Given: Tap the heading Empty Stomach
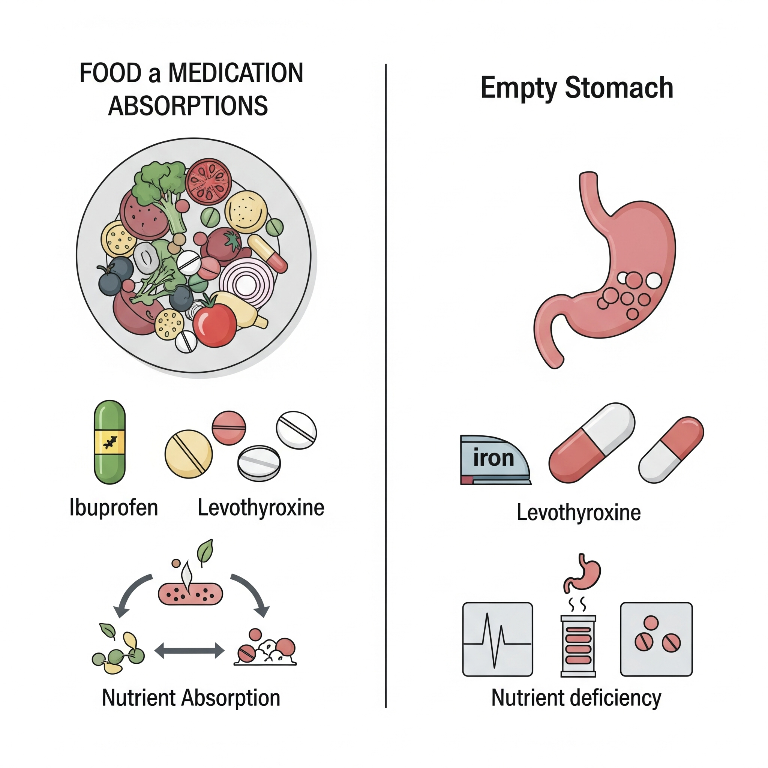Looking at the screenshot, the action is pos(577,88).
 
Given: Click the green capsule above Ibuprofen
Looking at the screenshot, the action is pos(110,442).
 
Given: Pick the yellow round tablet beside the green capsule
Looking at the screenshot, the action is pos(189,454).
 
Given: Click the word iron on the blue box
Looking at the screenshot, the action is pos(494,458).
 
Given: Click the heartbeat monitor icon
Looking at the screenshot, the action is pos(498,639).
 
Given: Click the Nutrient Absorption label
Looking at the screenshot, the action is pos(191,709).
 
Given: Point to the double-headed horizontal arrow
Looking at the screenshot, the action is pos(189,650).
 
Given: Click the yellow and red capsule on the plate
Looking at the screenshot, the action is pos(267,253).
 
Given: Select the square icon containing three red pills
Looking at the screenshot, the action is pos(656,639).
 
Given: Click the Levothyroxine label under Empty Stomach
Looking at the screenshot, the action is pos(578,512).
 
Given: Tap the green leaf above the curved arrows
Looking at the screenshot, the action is pos(205,552).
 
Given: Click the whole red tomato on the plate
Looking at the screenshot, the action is pos(214,325).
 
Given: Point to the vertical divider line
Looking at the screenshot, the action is pos(385,385).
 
